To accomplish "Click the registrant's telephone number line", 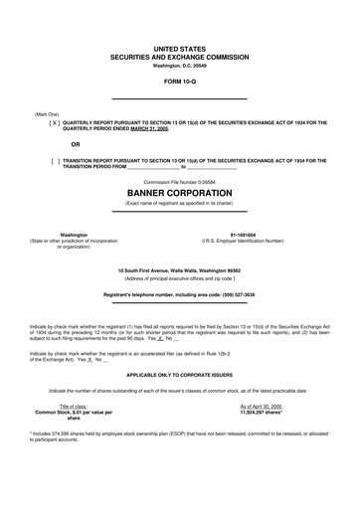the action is [179, 294].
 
